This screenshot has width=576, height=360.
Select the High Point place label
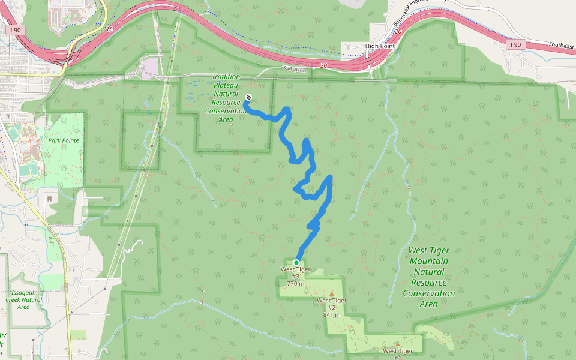point(379,46)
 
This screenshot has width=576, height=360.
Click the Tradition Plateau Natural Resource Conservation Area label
point(226,98)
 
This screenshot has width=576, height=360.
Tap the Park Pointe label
point(64,140)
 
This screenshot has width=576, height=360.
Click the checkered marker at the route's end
point(248,98)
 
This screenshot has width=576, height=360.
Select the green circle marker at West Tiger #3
point(296,263)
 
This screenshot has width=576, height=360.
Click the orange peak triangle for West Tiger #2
point(331,294)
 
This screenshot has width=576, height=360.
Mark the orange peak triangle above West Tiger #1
point(397,344)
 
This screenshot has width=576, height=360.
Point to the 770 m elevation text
point(295,284)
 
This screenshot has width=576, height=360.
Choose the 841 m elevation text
point(332,314)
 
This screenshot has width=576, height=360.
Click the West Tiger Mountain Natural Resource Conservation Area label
point(428,277)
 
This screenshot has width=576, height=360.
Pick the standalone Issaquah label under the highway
point(294,69)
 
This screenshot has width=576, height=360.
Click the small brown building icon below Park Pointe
point(49,197)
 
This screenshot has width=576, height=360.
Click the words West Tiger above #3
point(295,269)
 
